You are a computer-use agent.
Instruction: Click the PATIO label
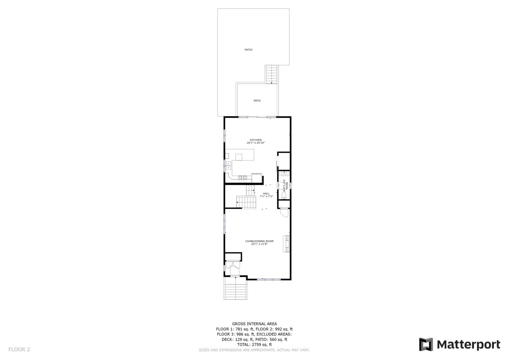pos(248,50)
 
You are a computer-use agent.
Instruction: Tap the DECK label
pos(257,101)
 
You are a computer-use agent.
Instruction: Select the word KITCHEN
pos(256,140)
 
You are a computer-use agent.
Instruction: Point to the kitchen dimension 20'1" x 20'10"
pos(256,143)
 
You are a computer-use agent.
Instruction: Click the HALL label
pos(266,194)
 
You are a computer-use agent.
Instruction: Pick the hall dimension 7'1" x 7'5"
pos(266,197)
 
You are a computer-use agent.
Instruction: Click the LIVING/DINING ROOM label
pos(259,241)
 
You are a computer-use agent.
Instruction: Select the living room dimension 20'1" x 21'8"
pos(259,244)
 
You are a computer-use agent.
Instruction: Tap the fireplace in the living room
pos(286,244)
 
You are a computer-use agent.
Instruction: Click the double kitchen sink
pos(228,166)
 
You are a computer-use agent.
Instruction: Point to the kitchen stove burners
pos(243,178)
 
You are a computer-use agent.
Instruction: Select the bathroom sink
pos(284,173)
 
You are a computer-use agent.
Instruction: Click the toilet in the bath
pos(284,194)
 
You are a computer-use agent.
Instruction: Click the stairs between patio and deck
pos(272,74)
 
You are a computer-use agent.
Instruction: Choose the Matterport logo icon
pos(426,344)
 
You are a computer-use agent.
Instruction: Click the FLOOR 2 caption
pos(19,349)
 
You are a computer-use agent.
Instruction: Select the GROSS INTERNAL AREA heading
pos(254,324)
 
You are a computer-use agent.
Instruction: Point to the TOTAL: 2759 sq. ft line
pos(254,345)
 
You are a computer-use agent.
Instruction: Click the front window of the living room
pos(269,279)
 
